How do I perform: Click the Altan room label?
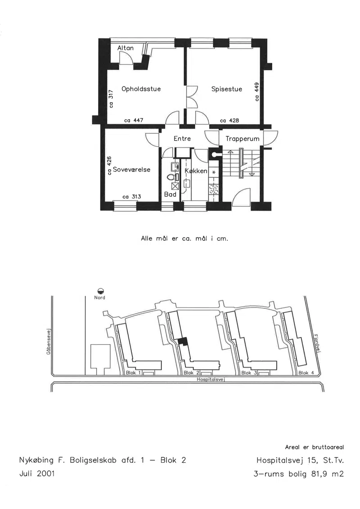click(125, 48)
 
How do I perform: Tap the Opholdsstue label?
click(141, 89)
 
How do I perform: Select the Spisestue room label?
click(227, 89)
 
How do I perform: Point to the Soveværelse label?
click(131, 170)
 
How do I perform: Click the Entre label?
click(182, 139)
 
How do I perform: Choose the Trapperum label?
click(243, 139)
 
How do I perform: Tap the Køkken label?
click(196, 171)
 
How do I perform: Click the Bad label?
click(170, 194)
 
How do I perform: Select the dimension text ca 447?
click(133, 121)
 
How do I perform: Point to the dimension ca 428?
click(229, 121)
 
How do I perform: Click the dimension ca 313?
click(131, 197)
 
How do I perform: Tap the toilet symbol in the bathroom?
click(171, 177)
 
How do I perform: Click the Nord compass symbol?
click(100, 291)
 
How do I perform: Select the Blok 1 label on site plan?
click(133, 373)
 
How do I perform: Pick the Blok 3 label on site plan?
click(249, 373)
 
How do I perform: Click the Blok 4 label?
click(306, 373)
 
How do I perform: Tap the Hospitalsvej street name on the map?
click(211, 379)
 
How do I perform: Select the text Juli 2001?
click(37, 473)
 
